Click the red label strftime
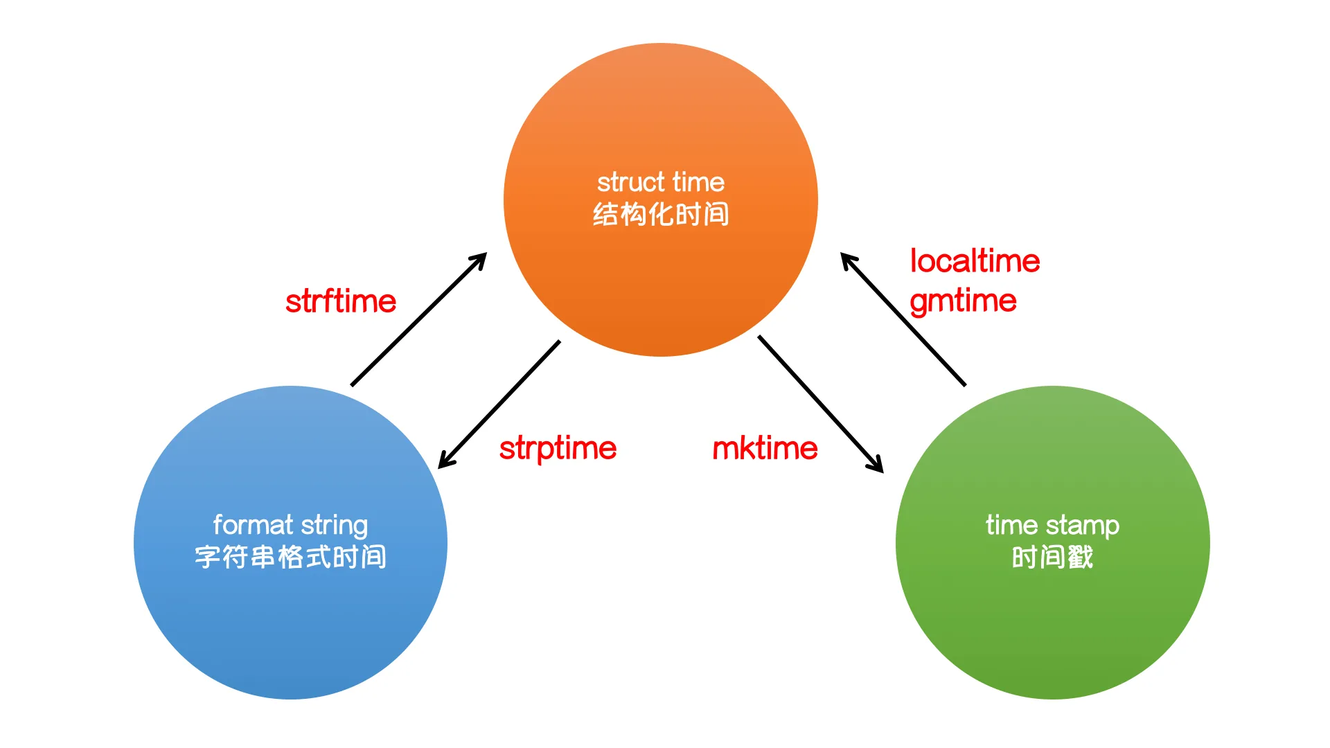[x=340, y=302]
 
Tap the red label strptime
[x=558, y=449]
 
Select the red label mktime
[x=765, y=449]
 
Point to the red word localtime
[x=975, y=262]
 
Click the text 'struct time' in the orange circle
[x=661, y=183]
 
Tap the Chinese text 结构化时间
[x=661, y=215]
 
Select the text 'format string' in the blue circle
[x=290, y=526]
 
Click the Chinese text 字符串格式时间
[x=290, y=557]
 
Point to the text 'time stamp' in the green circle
[x=1052, y=526]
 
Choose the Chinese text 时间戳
[x=1052, y=557]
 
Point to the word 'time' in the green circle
[x=1011, y=526]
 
